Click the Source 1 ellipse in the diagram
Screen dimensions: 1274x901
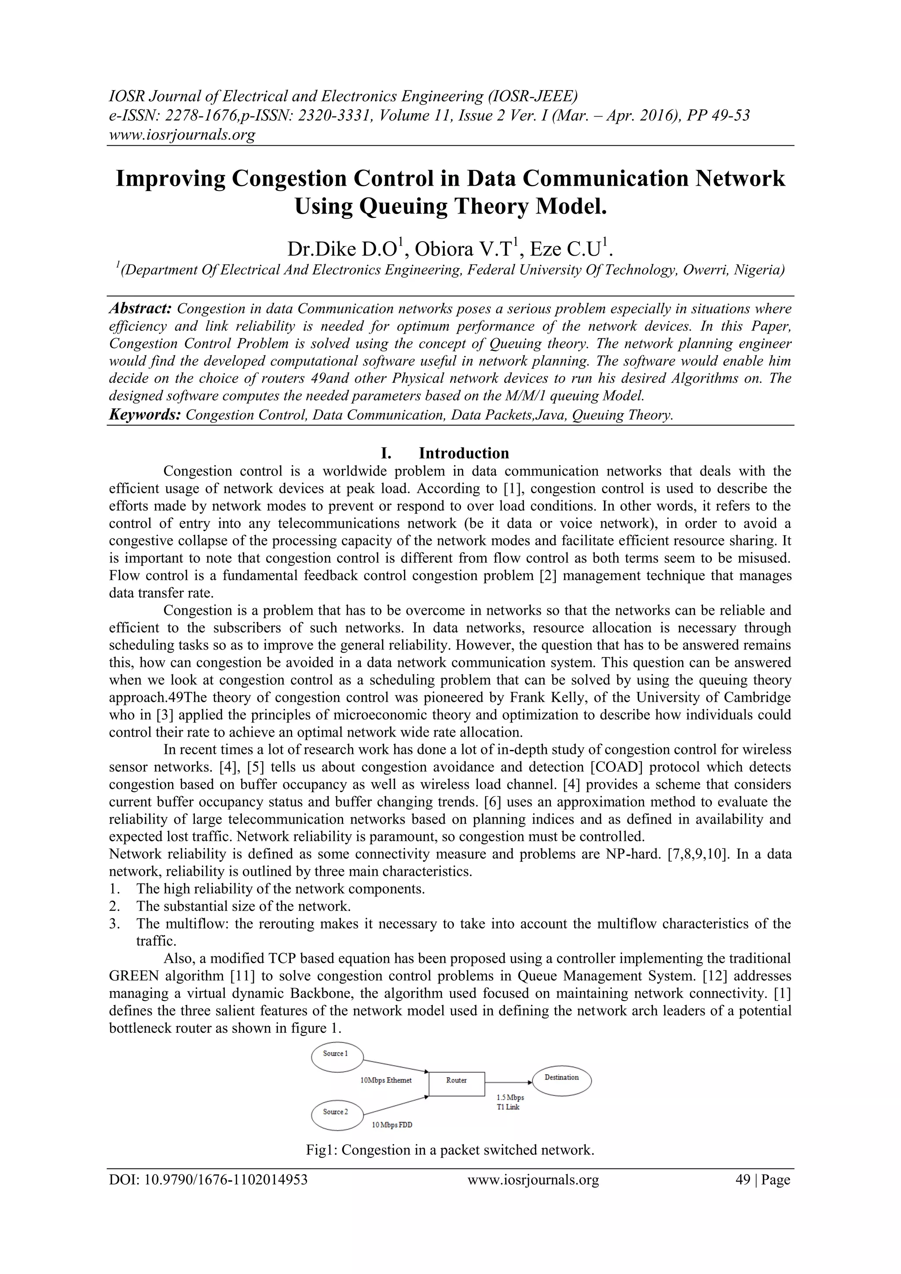[336, 1054]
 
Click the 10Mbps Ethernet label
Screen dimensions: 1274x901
[386, 1080]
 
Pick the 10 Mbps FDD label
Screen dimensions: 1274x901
[392, 1125]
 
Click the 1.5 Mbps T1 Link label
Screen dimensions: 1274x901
[510, 1102]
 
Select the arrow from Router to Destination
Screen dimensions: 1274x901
[508, 1081]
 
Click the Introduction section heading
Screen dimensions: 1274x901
[463, 453]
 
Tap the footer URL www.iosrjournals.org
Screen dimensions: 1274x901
[533, 1180]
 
